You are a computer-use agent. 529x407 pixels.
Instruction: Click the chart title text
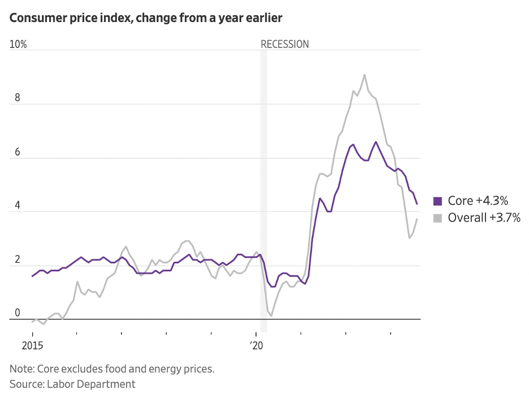[x=146, y=19]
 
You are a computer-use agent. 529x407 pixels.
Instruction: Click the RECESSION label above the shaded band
[x=284, y=44]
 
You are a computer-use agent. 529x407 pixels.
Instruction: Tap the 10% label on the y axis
[x=18, y=44]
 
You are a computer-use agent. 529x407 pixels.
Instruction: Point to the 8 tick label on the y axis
[x=18, y=98]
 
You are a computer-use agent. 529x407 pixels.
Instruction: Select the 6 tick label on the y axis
[x=18, y=151]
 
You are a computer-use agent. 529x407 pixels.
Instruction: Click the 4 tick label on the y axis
[x=18, y=205]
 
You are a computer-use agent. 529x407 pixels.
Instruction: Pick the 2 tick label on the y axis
[x=18, y=259]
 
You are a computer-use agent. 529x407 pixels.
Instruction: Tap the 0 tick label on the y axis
[x=18, y=313]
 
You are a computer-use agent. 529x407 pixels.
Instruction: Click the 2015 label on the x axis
[x=33, y=345]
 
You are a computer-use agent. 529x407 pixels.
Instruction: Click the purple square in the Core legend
[x=438, y=201]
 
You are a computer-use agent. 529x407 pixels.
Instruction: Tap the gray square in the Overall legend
[x=438, y=218]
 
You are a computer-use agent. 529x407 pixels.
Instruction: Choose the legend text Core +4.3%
[x=478, y=201]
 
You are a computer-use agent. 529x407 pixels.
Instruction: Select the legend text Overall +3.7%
[x=484, y=218]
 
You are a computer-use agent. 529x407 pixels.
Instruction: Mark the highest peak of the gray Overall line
[x=365, y=75]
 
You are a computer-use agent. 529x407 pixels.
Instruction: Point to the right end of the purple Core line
[x=417, y=204]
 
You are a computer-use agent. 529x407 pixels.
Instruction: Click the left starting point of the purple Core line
[x=33, y=276]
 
